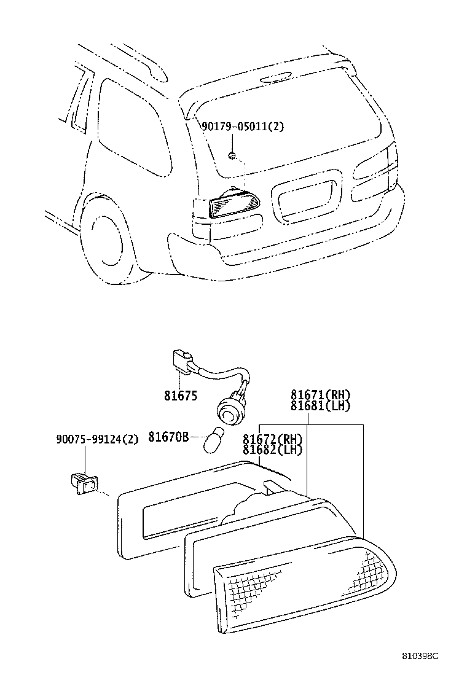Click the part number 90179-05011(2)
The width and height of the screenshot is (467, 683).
pos(243,127)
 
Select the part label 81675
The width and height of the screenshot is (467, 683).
pos(181,396)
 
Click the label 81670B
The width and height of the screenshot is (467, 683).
pos(168,438)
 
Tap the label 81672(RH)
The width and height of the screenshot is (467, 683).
pos(272,439)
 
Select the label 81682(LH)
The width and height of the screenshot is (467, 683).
pos(272,450)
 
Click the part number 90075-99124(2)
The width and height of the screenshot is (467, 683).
pos(97,439)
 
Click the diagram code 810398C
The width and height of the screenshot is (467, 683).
pos(421,656)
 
